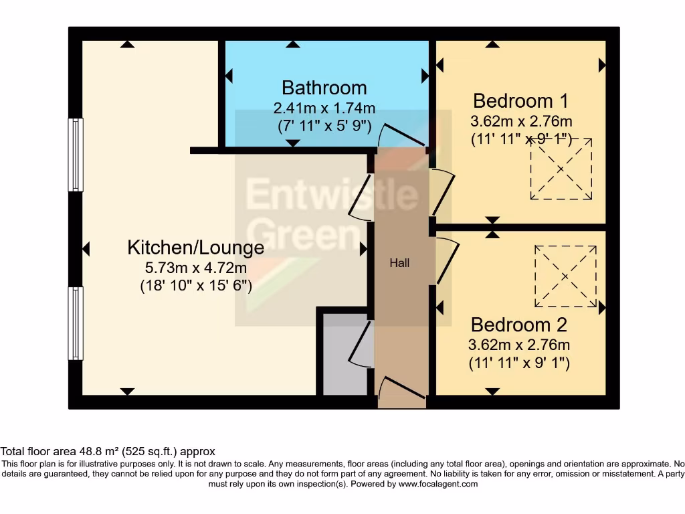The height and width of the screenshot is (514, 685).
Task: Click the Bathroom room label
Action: pos(324,88)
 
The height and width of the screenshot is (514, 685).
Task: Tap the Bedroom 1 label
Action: pos(520,101)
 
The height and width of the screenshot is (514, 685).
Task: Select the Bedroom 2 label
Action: pos(518,325)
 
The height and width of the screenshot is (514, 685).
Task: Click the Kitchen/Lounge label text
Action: pos(196,248)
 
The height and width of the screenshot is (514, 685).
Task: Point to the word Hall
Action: pos(399,263)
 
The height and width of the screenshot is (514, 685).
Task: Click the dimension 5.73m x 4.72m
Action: pos(196,268)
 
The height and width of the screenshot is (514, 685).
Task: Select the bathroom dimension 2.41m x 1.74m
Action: pos(324,108)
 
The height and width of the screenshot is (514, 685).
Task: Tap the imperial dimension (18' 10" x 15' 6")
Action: pos(196,286)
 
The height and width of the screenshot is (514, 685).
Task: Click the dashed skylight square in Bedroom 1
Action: pos(561,169)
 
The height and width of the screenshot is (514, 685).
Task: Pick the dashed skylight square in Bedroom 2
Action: pos(565,276)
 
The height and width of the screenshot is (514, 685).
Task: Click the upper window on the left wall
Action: pos(76,155)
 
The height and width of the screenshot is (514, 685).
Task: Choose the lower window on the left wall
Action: pos(76,323)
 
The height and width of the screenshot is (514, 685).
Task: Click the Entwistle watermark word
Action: pos(332,194)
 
